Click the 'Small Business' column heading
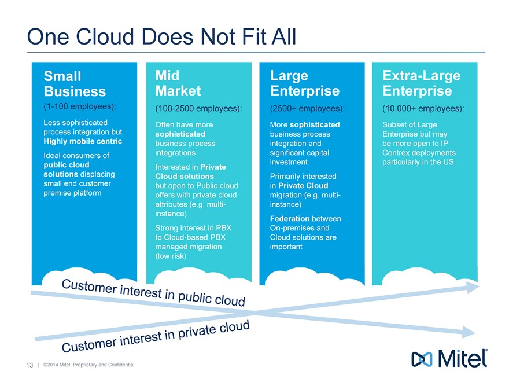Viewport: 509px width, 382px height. click(x=75, y=84)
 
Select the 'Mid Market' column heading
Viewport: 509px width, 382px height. click(x=178, y=83)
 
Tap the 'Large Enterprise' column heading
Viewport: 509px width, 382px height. click(x=304, y=83)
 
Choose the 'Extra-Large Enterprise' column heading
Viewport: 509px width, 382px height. click(x=421, y=83)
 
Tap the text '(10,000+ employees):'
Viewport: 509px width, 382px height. click(x=424, y=109)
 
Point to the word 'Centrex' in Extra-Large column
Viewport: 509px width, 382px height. click(x=397, y=153)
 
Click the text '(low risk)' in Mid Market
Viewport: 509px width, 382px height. click(x=171, y=256)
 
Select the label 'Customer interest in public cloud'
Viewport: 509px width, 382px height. click(x=154, y=293)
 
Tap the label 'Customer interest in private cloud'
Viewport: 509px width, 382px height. click(x=156, y=336)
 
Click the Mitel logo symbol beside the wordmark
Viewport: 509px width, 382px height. click(x=421, y=359)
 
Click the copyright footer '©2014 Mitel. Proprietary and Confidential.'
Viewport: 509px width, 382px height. click(x=88, y=365)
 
